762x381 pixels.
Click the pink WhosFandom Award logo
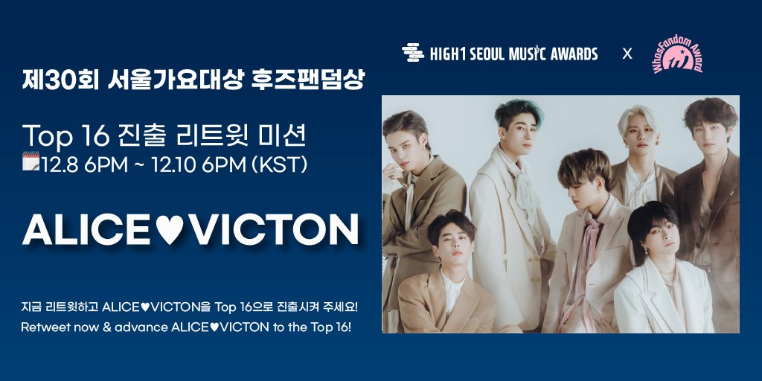click(x=677, y=54)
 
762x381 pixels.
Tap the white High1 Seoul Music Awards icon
click(x=412, y=53)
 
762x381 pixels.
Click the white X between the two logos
click(x=627, y=54)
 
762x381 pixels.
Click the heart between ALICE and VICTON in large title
click(x=173, y=231)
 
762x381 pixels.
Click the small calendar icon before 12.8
click(x=31, y=161)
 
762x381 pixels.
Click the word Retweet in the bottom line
click(x=45, y=327)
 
